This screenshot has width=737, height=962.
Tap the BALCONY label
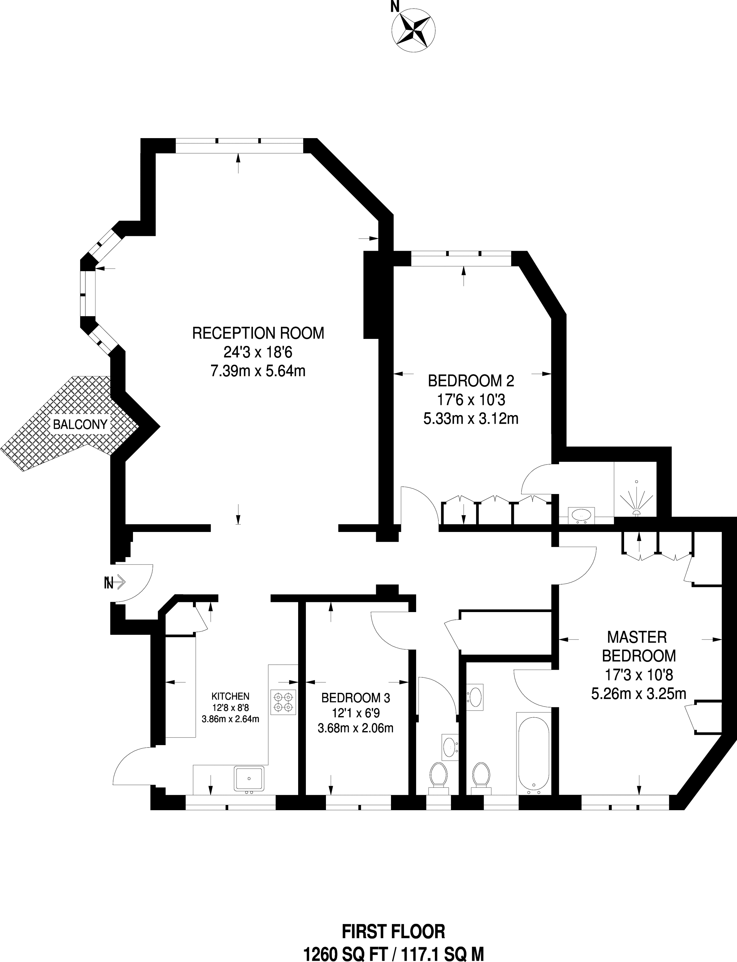click(x=80, y=424)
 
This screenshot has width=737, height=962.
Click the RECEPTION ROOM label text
click(x=258, y=333)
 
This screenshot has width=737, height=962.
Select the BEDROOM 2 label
click(x=471, y=380)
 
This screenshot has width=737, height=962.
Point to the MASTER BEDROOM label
click(x=639, y=646)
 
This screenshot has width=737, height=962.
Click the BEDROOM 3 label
click(x=356, y=698)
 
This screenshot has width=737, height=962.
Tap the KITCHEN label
click(x=230, y=696)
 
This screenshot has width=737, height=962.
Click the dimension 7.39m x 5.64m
click(x=258, y=371)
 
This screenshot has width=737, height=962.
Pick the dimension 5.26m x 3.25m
click(x=639, y=694)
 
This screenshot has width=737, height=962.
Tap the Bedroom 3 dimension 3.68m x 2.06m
click(x=355, y=728)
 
